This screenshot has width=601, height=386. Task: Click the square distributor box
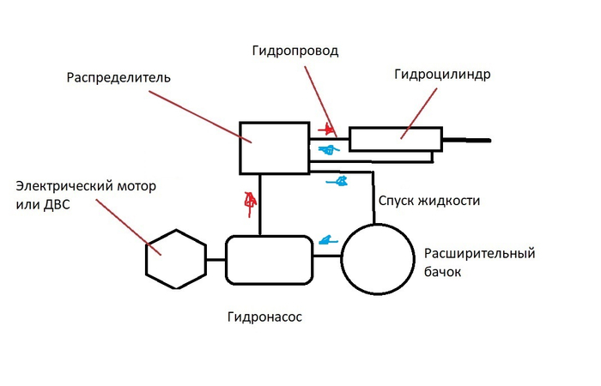click(x=273, y=147)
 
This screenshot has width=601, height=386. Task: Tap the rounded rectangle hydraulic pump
click(x=269, y=258)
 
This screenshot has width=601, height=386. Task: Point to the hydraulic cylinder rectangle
click(x=395, y=139)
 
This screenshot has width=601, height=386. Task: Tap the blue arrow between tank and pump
click(x=326, y=239)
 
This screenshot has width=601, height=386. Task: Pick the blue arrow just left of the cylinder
click(x=328, y=149)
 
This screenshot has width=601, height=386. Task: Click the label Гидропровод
click(x=295, y=51)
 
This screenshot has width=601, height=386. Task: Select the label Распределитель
click(x=118, y=78)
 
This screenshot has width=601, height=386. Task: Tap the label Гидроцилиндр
click(x=442, y=74)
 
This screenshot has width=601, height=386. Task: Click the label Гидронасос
click(x=264, y=317)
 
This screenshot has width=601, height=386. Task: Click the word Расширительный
click(x=479, y=255)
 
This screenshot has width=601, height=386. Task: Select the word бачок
click(x=442, y=273)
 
